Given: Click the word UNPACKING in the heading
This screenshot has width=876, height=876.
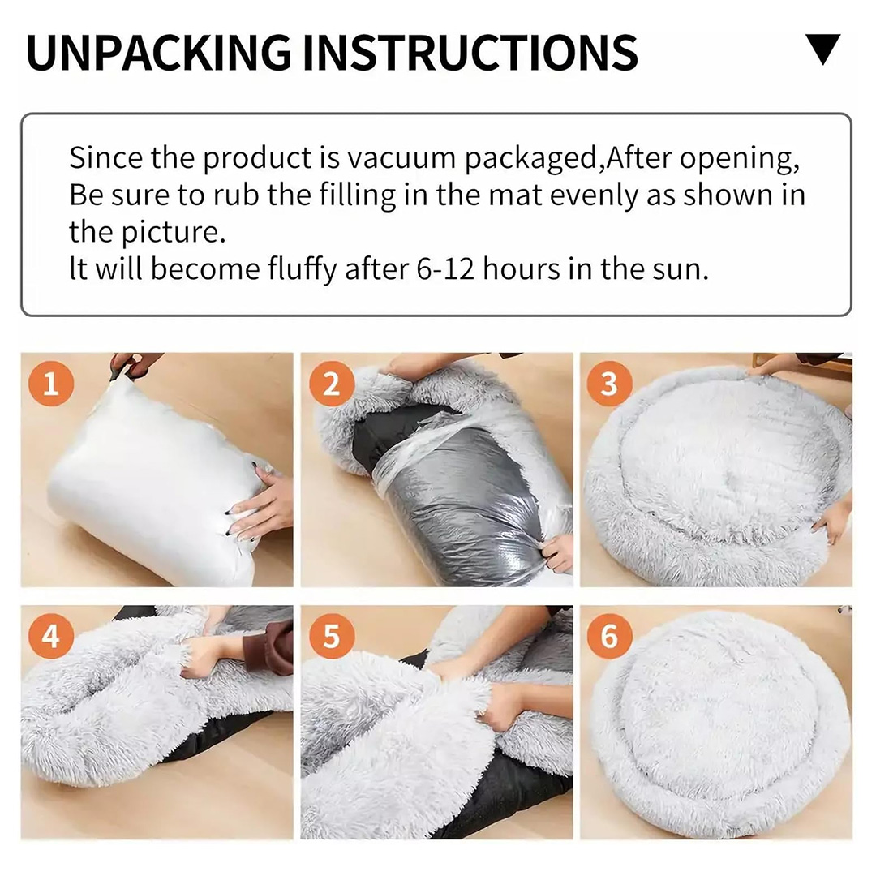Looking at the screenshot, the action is click(x=159, y=53).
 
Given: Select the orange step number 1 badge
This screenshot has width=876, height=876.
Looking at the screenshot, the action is click(x=51, y=384).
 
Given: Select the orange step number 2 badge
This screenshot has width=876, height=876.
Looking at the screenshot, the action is click(x=331, y=384).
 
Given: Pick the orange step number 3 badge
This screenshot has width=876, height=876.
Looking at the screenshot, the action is click(x=609, y=384).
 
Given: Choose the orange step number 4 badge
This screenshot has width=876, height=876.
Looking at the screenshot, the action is click(x=51, y=637).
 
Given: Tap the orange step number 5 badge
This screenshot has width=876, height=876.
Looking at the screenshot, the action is click(x=331, y=637).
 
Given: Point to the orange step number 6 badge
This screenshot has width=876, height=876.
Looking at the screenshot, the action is click(x=609, y=637).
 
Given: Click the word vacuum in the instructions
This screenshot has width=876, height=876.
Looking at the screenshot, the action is click(x=401, y=159).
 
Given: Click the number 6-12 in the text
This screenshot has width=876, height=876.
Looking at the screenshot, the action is click(x=445, y=269).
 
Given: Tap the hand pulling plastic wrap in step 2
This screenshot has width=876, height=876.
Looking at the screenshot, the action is click(x=556, y=553).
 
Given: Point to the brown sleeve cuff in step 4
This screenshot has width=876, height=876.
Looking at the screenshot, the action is click(x=278, y=648).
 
